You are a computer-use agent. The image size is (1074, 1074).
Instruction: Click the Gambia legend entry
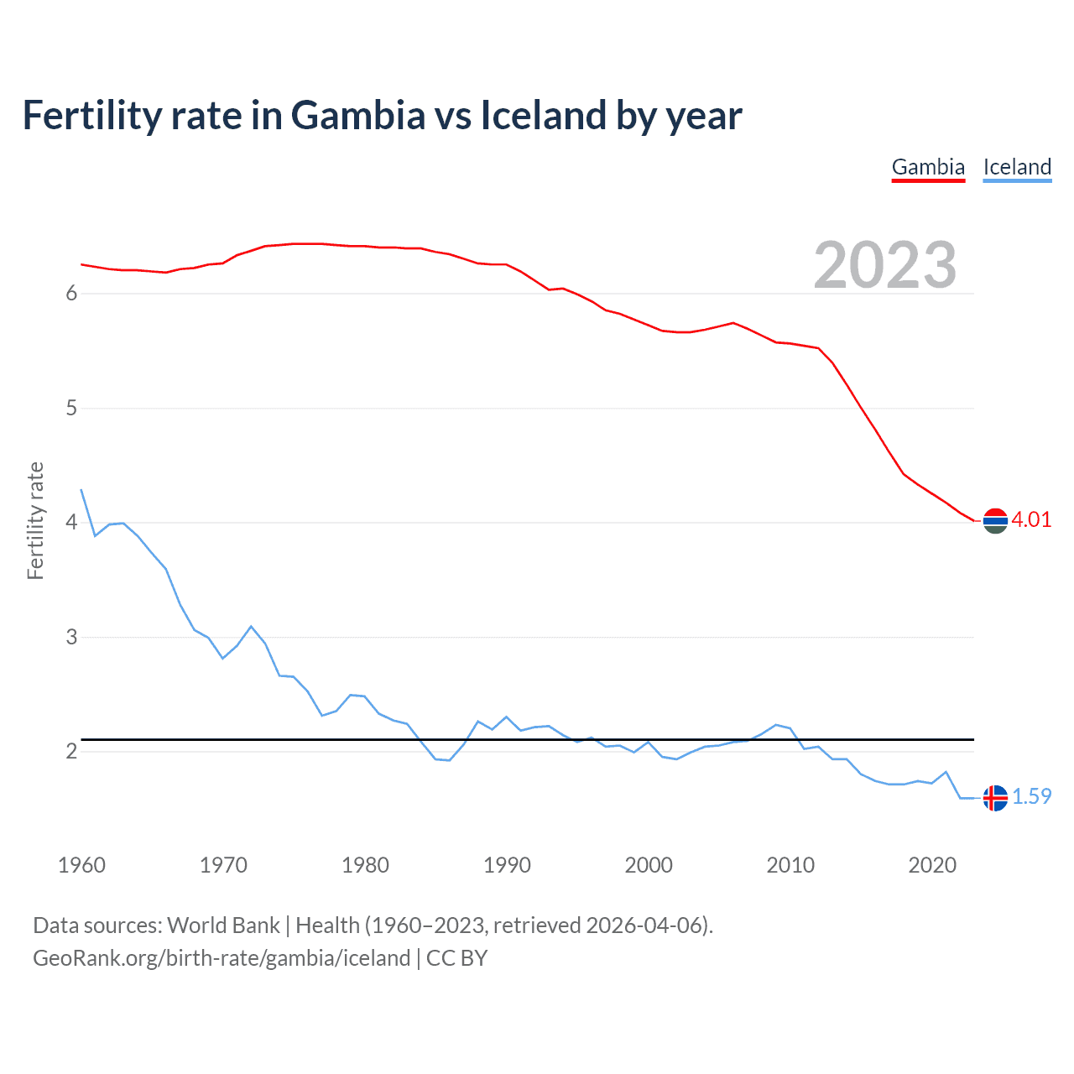tap(928, 167)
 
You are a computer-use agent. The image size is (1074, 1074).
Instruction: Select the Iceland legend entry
tap(1017, 167)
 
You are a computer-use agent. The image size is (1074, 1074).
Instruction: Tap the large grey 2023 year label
tap(884, 265)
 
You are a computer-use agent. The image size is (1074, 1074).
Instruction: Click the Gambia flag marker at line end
tap(995, 521)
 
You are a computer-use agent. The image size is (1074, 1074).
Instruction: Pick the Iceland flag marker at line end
tap(995, 798)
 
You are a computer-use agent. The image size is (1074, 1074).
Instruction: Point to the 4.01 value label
tap(1031, 519)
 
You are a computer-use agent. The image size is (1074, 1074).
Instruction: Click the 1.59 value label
tap(1031, 796)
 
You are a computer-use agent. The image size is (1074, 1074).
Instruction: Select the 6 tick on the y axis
tap(71, 294)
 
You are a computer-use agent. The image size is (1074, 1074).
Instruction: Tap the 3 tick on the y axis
tap(71, 637)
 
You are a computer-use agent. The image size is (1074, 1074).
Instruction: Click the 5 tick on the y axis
tap(71, 409)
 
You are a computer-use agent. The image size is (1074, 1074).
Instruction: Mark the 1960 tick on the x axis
tap(81, 865)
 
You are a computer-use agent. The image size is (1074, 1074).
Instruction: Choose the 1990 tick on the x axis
tap(507, 865)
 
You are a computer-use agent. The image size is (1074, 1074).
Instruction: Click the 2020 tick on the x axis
tap(932, 865)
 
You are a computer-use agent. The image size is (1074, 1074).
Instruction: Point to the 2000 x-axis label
tap(649, 865)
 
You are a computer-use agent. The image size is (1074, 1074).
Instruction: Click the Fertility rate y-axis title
tap(35, 520)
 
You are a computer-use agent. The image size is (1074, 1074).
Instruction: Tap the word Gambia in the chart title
tap(358, 116)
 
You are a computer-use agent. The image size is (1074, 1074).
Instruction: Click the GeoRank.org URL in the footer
tap(222, 958)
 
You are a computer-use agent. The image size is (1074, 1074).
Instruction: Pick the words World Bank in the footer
tap(223, 925)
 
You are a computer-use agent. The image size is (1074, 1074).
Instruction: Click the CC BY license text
tap(456, 958)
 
